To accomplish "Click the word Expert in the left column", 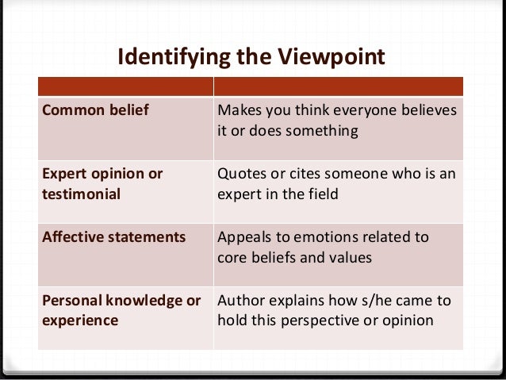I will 63,174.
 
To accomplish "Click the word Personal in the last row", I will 69,301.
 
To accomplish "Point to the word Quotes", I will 242,174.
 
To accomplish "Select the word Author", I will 241,301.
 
